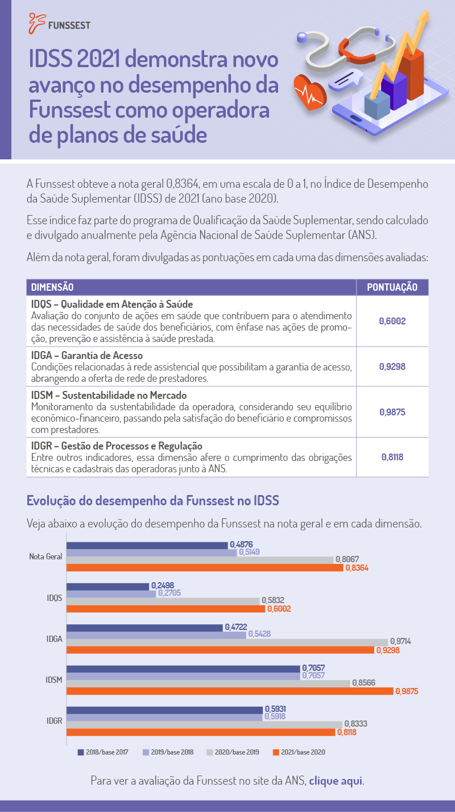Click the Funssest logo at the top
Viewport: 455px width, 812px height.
59,23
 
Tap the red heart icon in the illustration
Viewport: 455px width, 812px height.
310,92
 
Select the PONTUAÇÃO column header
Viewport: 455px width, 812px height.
392,287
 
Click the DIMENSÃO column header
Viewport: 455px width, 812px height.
52,287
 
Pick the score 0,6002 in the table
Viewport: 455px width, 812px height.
392,321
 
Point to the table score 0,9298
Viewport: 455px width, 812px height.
392,366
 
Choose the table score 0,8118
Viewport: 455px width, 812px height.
392,457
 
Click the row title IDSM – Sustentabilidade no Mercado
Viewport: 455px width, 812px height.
109,395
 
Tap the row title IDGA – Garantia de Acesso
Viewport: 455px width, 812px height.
87,355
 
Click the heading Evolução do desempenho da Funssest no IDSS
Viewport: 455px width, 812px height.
152,501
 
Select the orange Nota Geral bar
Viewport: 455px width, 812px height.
205,568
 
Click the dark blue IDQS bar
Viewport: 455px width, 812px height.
107,587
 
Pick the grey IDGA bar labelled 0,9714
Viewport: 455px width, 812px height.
227,642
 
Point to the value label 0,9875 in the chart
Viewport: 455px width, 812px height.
407,691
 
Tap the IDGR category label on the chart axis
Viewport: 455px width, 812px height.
55,721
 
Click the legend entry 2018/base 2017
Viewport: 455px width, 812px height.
104,752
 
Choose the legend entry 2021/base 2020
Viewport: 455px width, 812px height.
299,752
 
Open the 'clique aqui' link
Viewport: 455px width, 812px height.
336,781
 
